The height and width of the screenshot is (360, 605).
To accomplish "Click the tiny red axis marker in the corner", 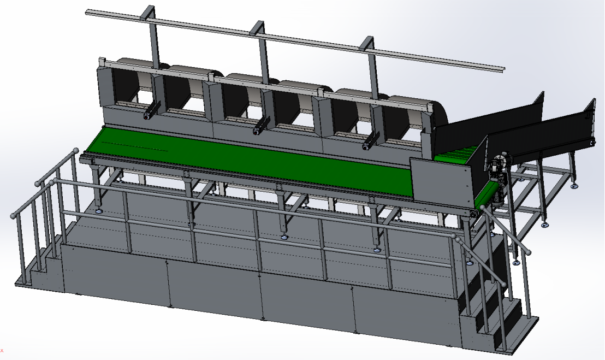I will [x=2, y=350].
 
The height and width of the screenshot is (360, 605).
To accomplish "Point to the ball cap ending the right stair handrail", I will [x=528, y=252].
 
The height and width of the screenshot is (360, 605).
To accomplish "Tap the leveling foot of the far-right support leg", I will [x=574, y=186].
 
